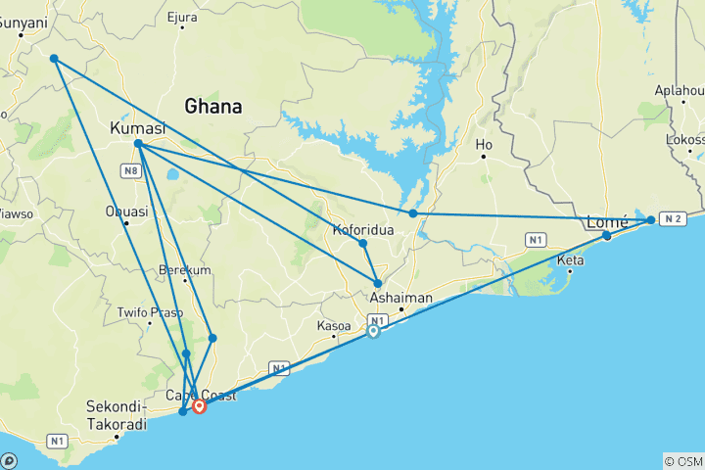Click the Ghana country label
coord(212,105)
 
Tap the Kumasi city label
coord(137,128)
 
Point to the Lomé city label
coord(606,221)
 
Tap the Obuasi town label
coord(127,211)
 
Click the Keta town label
coord(569,259)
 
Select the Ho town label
coord(484,145)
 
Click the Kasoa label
coord(334,325)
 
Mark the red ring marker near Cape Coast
coord(200,405)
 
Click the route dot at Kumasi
coord(139,144)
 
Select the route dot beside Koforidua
coord(362,244)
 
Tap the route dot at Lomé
coord(607,235)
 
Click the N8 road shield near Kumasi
coord(129,171)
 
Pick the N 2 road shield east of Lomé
coord(672,218)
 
